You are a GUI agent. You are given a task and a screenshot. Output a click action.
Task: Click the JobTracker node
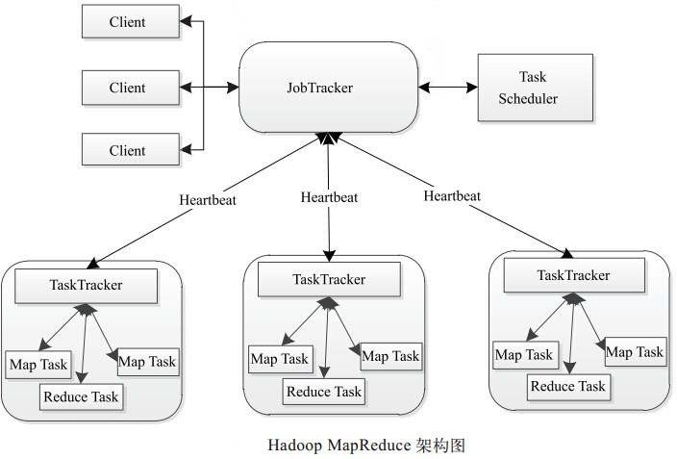328,88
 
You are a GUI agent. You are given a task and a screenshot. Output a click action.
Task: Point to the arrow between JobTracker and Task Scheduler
447,88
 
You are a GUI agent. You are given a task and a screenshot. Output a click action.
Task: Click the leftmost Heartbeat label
208,201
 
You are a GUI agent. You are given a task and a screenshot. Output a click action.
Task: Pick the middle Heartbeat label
329,197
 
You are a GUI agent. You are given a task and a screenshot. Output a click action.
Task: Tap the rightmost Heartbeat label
452,196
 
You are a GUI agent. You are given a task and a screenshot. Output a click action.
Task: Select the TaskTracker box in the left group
88,285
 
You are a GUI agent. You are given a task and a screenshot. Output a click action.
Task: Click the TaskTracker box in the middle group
329,279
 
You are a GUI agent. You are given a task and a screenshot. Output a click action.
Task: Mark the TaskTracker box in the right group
573,276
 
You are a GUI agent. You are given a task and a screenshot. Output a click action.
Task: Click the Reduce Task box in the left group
82,395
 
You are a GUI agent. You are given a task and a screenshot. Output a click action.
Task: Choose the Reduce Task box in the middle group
324,391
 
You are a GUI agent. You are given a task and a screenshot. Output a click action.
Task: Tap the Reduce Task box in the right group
568,386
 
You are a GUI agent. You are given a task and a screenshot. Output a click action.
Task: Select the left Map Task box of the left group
38,365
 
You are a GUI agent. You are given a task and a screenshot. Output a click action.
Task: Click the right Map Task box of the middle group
390,357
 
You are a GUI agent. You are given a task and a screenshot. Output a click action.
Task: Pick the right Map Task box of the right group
635,352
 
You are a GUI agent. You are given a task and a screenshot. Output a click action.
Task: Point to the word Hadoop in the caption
294,446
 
